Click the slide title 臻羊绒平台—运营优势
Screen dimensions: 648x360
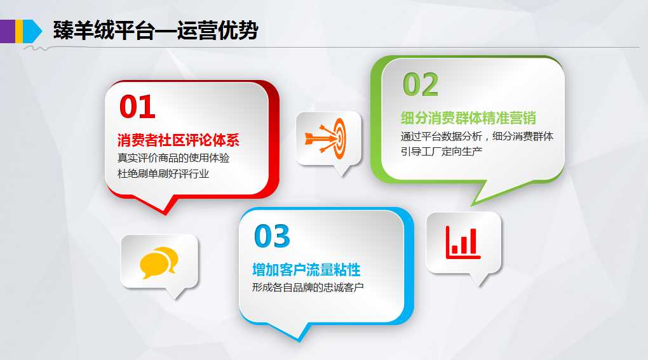(156, 30)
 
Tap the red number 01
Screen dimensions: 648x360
(137, 107)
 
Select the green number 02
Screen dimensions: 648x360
(421, 84)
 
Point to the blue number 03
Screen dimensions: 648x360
(272, 236)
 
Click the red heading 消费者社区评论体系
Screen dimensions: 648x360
(179, 140)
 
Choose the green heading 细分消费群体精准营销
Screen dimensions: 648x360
(468, 118)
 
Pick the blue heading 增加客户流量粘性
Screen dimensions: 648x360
(306, 270)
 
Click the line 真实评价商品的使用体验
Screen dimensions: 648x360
(173, 158)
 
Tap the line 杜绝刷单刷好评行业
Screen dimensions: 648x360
(163, 174)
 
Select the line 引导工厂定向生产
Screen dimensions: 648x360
(442, 152)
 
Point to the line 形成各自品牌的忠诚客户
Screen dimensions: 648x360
(308, 288)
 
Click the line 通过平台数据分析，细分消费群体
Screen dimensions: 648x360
(477, 137)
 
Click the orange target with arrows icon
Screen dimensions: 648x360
(326, 138)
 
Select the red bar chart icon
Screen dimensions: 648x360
(463, 243)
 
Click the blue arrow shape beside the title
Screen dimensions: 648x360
(32, 31)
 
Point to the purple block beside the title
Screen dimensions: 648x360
(8, 31)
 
